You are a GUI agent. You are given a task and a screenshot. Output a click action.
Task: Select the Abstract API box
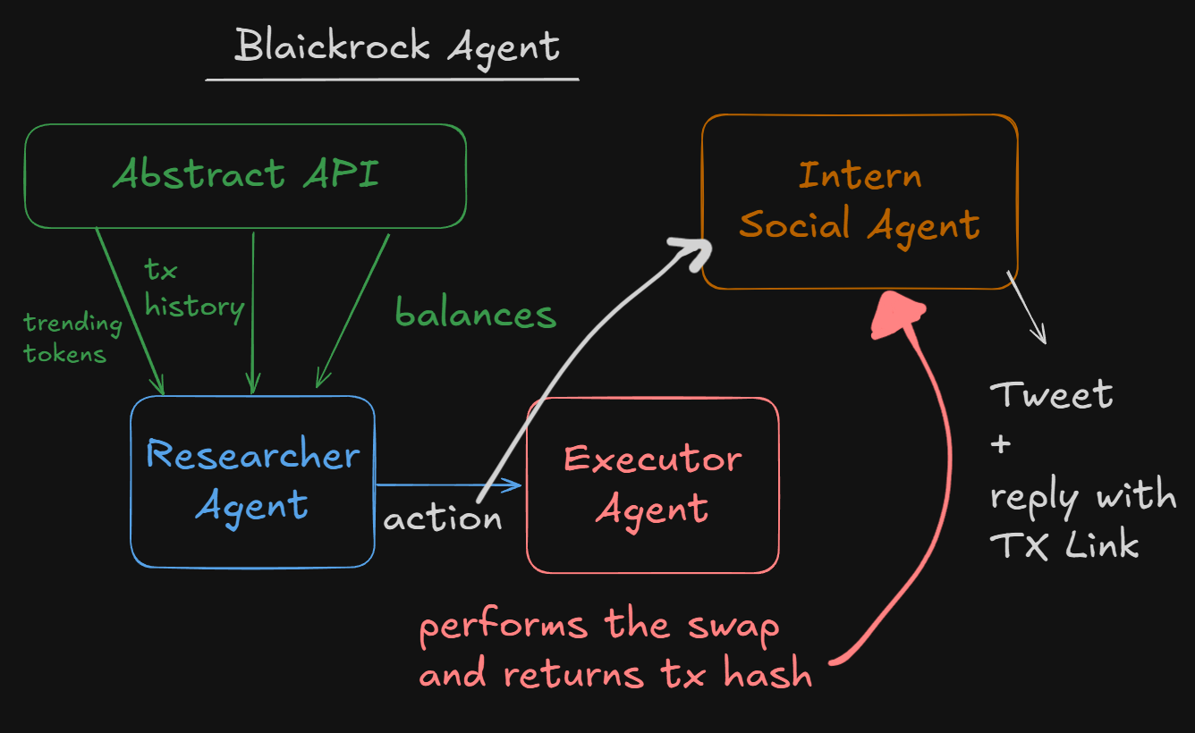[x=245, y=174]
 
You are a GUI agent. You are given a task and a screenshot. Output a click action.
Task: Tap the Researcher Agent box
[x=252, y=481]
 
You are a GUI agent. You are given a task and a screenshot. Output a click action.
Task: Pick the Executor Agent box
[x=652, y=484]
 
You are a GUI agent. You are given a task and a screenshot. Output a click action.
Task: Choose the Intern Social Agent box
[x=859, y=200]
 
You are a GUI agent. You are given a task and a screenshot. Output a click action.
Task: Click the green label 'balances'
[x=476, y=314]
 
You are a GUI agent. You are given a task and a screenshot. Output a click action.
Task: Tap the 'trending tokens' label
[x=72, y=338]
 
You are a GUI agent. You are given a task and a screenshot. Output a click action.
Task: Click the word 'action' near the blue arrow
[x=442, y=518]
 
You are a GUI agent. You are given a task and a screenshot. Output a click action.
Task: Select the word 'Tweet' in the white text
[x=1051, y=394]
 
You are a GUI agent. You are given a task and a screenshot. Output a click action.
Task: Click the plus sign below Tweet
[x=1001, y=444]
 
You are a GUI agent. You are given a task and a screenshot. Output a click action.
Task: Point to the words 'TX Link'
[x=1064, y=544]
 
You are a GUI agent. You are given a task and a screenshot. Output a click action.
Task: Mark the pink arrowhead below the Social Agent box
[x=897, y=315]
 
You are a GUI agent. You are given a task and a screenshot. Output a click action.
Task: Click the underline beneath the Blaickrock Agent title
[x=392, y=80]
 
